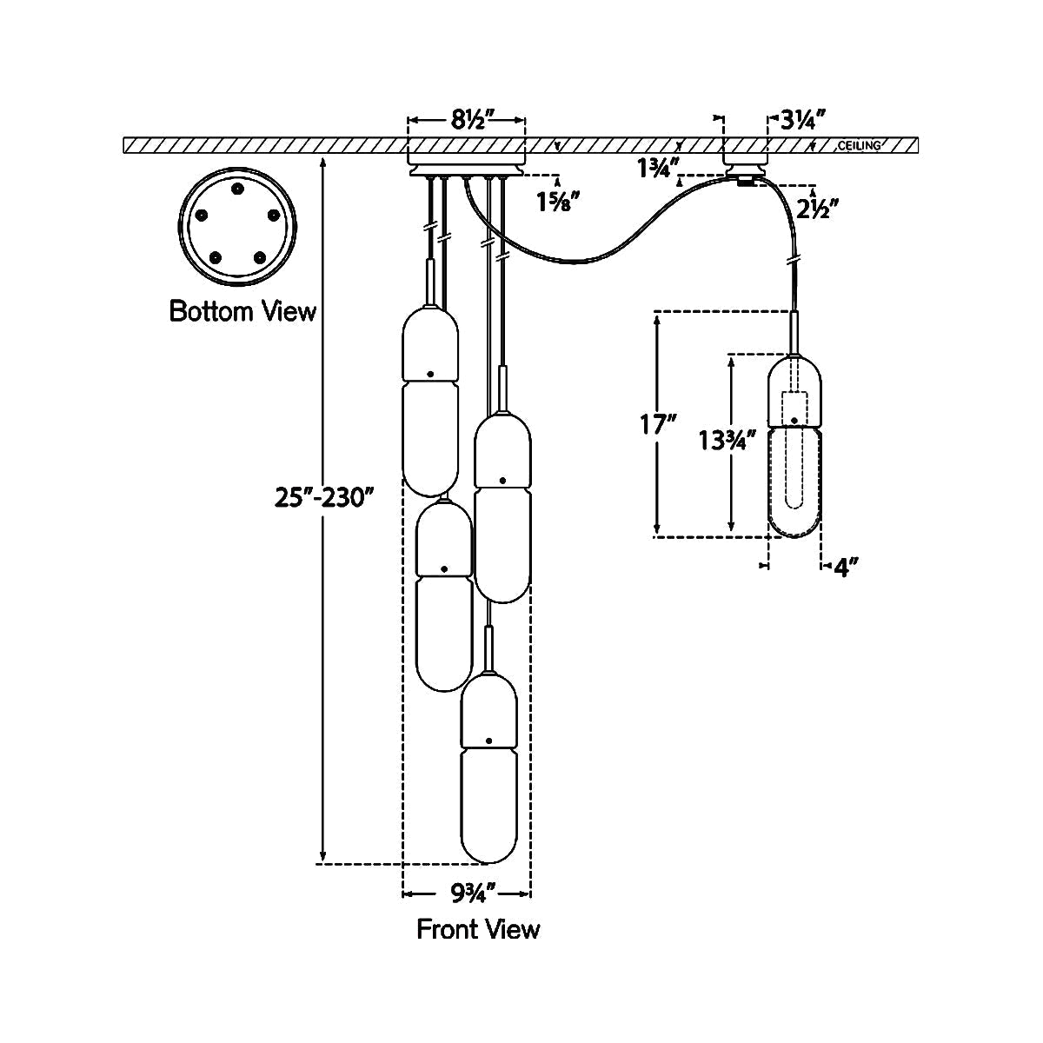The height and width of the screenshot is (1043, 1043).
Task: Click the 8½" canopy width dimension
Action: click(x=468, y=121)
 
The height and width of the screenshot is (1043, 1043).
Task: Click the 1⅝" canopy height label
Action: click(x=556, y=203)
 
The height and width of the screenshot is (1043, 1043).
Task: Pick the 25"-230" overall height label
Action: click(x=324, y=497)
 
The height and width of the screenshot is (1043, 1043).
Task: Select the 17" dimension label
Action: click(x=658, y=425)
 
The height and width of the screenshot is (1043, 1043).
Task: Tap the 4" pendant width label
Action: click(x=846, y=568)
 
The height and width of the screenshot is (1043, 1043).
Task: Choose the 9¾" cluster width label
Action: click(x=467, y=891)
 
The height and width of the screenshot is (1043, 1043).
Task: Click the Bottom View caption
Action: click(x=242, y=311)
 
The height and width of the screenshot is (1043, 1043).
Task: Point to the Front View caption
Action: click(x=478, y=929)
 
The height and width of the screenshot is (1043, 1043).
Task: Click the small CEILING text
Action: click(x=859, y=145)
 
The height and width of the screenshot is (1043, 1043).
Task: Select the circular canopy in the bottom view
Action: click(x=237, y=228)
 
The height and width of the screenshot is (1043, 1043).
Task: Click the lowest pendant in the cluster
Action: click(x=489, y=765)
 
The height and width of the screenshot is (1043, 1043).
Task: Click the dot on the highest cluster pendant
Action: click(x=429, y=374)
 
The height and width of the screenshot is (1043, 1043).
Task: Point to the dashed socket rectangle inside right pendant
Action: click(x=795, y=407)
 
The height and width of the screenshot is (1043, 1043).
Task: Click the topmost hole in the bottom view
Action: click(x=237, y=189)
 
